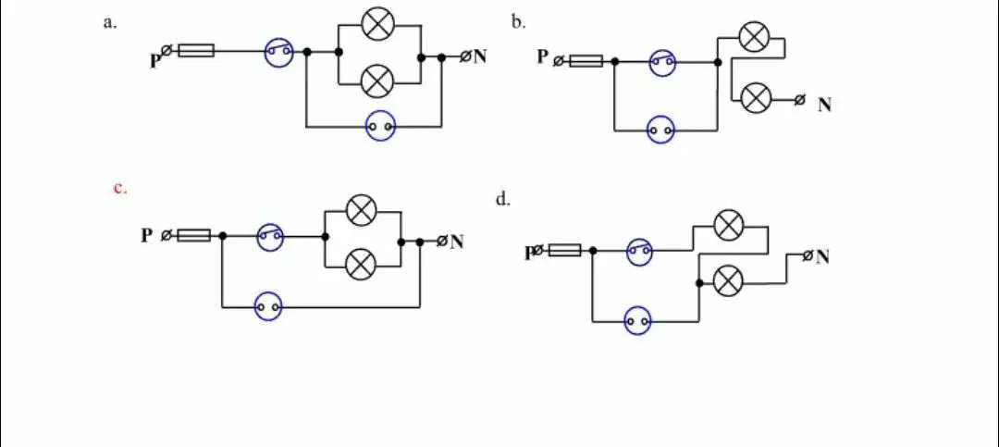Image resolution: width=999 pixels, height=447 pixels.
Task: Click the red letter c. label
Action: point(120,189)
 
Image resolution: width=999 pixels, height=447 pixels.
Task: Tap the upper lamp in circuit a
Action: point(377,24)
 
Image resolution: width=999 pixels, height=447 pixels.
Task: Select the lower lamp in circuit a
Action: point(377,81)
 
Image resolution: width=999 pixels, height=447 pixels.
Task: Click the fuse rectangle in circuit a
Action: point(196,50)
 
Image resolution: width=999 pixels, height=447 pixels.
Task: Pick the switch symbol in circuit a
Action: point(279,52)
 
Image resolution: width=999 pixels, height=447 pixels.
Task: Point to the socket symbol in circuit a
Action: point(380,127)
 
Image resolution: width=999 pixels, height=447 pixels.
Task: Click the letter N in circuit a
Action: point(479,56)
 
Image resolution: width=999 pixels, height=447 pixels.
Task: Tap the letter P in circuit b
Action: point(542,56)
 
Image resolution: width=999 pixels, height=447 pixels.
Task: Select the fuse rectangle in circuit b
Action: point(586,61)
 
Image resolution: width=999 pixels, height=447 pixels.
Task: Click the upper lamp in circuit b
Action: point(755,36)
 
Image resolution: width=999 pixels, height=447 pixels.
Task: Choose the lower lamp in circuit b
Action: point(757,97)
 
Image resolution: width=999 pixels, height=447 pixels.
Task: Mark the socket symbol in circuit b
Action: point(660,130)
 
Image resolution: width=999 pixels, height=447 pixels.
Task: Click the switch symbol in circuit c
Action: point(269,237)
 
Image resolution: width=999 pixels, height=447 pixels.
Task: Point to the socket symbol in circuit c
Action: point(268,307)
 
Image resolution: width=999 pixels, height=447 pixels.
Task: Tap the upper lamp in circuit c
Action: point(362,210)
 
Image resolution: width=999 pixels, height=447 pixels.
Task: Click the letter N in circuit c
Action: point(457,242)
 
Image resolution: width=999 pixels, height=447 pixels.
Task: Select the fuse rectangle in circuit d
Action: point(564,250)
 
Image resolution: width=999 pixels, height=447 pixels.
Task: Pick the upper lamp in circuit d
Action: point(728,225)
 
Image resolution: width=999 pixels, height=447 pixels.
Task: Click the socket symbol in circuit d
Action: point(637,321)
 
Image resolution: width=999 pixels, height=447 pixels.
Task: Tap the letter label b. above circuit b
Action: point(518,23)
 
